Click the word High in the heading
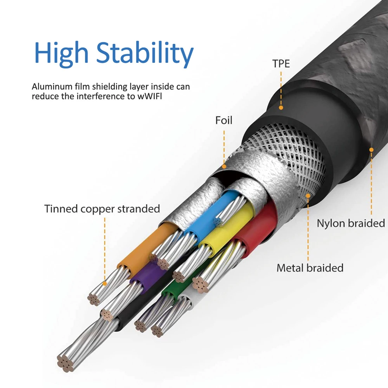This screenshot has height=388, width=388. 61,54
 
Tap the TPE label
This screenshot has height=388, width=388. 281,64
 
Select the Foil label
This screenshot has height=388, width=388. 224,120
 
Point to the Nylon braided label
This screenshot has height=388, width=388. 351,223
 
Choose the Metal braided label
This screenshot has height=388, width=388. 310,268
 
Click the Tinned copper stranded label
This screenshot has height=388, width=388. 102,209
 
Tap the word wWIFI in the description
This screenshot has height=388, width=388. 150,96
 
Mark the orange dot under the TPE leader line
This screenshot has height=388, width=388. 281,107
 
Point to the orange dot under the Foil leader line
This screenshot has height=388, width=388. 224,166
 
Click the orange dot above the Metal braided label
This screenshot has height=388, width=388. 308,196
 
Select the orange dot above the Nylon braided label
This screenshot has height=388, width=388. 371,150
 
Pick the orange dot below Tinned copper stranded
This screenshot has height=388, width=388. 105,284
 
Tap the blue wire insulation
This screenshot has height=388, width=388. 213,213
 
